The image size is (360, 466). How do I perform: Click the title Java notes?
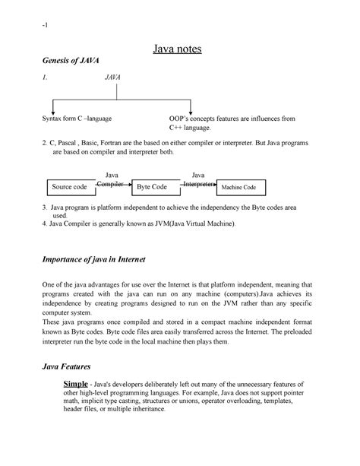click(180, 52)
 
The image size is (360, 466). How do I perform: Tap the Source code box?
click(69, 186)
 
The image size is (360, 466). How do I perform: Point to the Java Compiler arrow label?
click(111, 180)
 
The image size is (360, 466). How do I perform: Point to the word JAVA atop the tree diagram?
click(115, 78)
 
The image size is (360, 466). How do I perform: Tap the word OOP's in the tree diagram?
click(181, 119)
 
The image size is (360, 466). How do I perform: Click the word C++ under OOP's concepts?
click(176, 128)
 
